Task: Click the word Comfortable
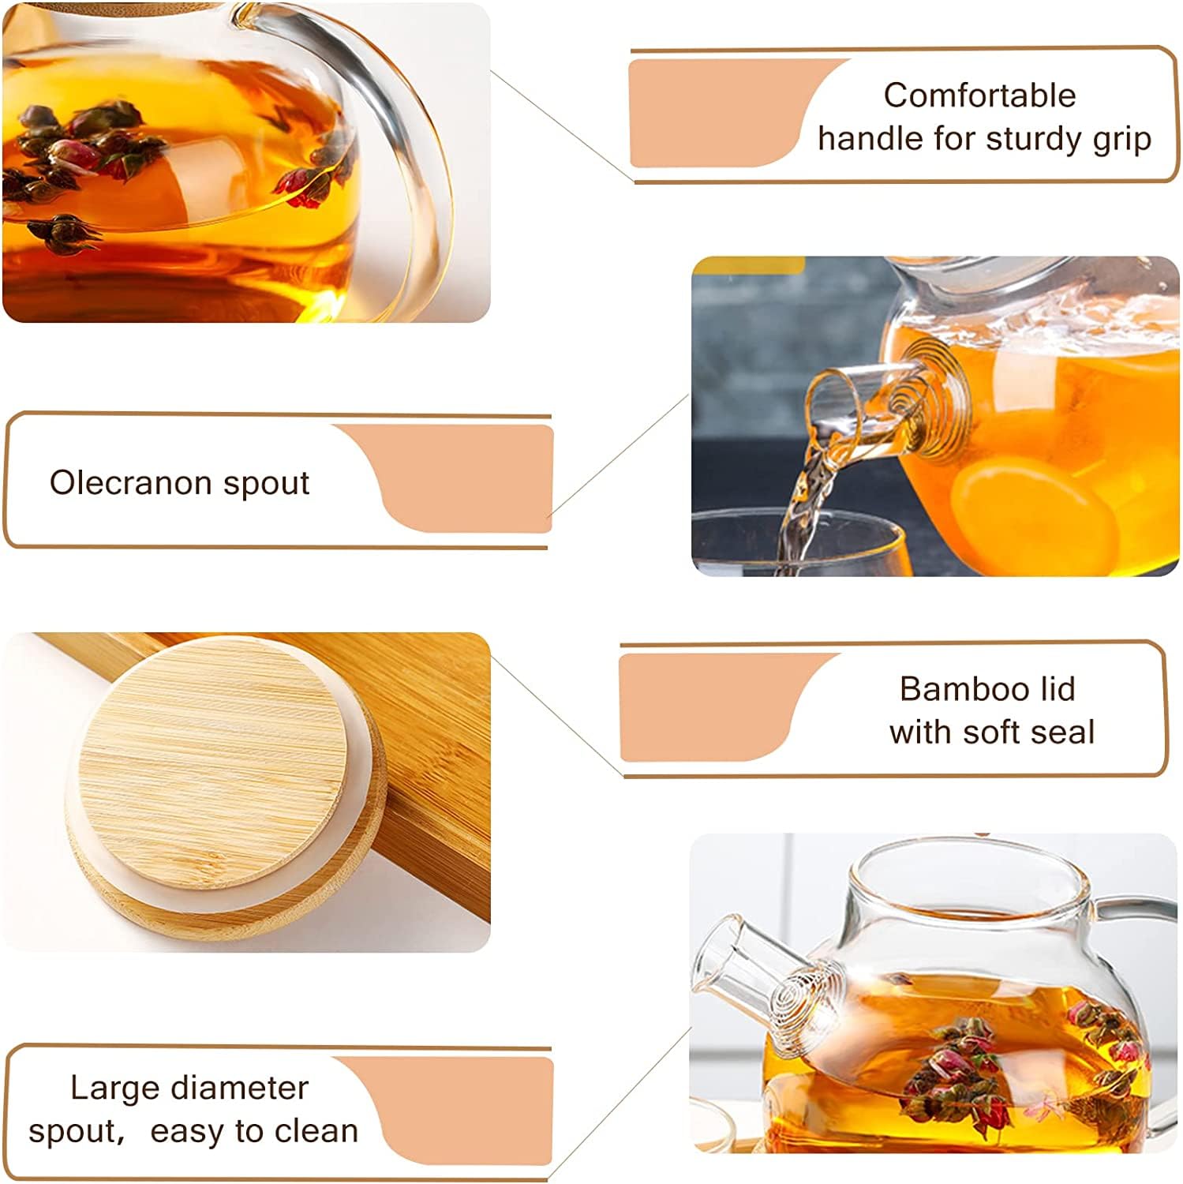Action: click(x=979, y=96)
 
